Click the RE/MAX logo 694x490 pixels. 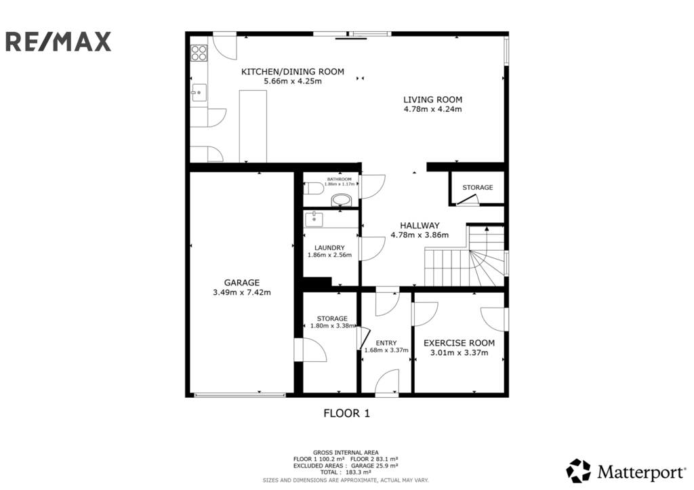point(58,41)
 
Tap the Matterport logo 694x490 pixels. point(626,471)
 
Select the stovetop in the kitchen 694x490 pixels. point(199,53)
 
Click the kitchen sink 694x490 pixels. point(199,93)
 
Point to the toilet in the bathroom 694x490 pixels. point(313,188)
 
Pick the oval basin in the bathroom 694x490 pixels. point(341,201)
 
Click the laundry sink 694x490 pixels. point(314,219)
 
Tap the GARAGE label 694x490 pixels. point(242,283)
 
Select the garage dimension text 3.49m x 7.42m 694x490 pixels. point(242,292)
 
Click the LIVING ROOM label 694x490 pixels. point(432,100)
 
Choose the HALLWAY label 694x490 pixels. point(420,225)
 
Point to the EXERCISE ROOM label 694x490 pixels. point(459,343)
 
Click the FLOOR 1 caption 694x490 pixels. point(346,413)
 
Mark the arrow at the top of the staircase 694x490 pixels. point(487,229)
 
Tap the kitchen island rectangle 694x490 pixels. point(253,126)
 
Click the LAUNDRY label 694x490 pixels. point(329,248)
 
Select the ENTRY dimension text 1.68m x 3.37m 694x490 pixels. point(386,350)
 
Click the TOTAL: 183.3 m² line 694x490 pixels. point(346,472)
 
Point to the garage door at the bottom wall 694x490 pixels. point(240,394)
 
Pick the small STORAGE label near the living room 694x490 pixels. point(478,187)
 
